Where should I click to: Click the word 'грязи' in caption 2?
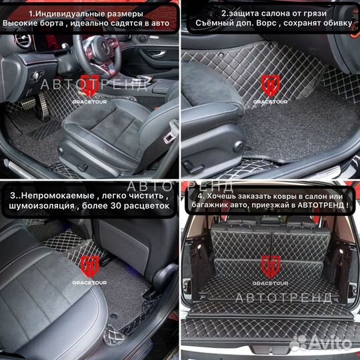coord(328,13)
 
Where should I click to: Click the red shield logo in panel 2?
coord(270,84)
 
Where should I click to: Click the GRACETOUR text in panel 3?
coord(89,283)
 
